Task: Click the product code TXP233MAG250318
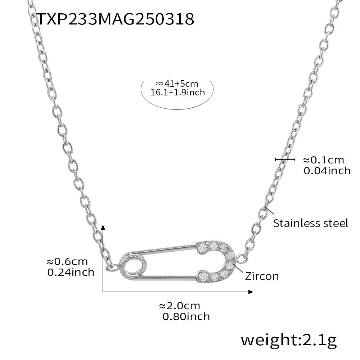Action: [116, 19]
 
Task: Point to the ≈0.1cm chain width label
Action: [323, 160]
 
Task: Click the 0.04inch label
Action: [327, 170]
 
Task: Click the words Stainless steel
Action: [310, 223]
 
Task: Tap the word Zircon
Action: [262, 276]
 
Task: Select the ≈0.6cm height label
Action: [67, 262]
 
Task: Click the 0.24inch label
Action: [71, 272]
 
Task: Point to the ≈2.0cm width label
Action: [179, 306]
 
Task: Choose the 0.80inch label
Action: [186, 316]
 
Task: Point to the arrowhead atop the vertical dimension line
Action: [103, 226]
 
